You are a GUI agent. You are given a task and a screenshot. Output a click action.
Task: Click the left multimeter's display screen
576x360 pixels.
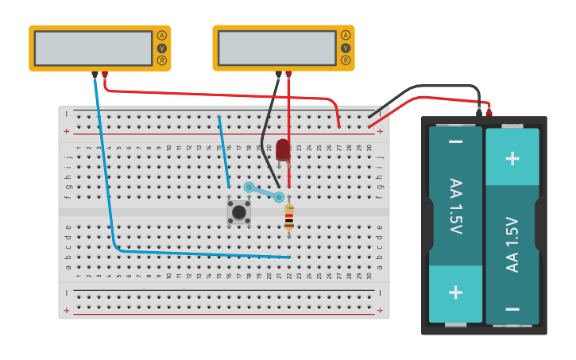coord(93,48)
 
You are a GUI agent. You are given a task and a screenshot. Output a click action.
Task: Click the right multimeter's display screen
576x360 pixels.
coord(276,48)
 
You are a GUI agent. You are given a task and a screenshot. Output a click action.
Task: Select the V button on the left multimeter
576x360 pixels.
coord(162,48)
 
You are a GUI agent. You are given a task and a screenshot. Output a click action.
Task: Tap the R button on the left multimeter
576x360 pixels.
coord(162,60)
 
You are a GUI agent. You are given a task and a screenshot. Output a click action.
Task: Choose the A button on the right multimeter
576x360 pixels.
coord(346,35)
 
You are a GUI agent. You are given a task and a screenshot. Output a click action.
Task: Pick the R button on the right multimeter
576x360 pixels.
coord(346,60)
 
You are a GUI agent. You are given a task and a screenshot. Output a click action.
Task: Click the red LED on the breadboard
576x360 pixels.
coord(283,149)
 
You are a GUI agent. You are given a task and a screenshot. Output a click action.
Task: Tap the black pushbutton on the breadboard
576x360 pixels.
coord(238,212)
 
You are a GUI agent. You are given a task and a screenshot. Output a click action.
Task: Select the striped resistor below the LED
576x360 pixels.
coord(288,216)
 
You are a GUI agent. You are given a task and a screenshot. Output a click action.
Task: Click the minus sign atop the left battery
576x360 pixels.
coord(455,142)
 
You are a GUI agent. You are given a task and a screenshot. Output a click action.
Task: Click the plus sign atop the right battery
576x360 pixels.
coord(512,157)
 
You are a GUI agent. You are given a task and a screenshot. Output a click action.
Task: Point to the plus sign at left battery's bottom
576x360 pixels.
coord(455,292)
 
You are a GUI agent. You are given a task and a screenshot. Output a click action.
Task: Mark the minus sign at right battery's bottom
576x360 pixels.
coord(512,308)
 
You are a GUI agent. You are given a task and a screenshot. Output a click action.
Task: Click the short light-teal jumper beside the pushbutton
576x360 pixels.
coord(264,192)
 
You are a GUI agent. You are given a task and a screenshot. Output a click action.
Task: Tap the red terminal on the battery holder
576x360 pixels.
coord(489,113)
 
